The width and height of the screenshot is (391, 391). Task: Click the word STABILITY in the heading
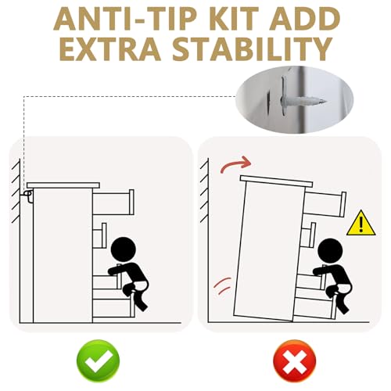pyautogui.click(x=253, y=49)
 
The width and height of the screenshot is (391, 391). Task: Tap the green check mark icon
pyautogui.click(x=98, y=361)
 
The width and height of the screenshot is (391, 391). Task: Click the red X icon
pyautogui.click(x=294, y=361)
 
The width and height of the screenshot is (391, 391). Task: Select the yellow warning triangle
pyautogui.click(x=361, y=224)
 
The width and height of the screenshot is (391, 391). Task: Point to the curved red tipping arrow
pyautogui.click(x=236, y=164)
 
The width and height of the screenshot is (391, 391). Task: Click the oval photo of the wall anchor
pyautogui.click(x=294, y=99)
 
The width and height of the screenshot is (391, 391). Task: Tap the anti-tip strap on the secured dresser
pyautogui.click(x=28, y=195)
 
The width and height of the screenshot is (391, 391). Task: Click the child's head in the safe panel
pyautogui.click(x=124, y=249)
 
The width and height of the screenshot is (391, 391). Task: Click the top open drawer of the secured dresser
pyautogui.click(x=113, y=203)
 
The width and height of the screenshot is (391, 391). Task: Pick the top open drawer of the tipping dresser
pyautogui.click(x=325, y=204)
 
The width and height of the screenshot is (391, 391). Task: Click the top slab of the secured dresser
pyautogui.click(x=63, y=185)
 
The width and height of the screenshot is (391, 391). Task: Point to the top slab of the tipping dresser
pyautogui.click(x=276, y=181)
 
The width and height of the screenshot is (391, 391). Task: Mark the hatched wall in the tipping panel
pyautogui.click(x=204, y=190)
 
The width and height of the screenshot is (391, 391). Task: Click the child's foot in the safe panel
pyautogui.click(x=142, y=307)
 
